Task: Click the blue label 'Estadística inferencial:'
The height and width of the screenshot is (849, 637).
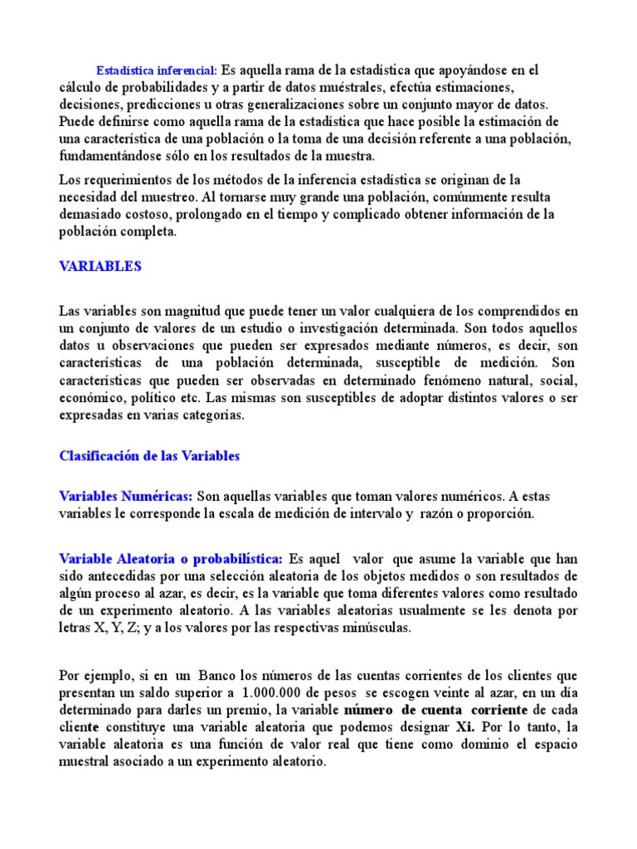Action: tap(157, 70)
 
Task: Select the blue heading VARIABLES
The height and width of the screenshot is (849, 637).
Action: tap(100, 266)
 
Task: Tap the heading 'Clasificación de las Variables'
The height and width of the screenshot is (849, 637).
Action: tap(149, 456)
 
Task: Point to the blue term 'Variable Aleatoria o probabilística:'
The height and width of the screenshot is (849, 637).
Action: tap(172, 558)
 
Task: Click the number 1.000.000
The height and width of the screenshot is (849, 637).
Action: tap(280, 693)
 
